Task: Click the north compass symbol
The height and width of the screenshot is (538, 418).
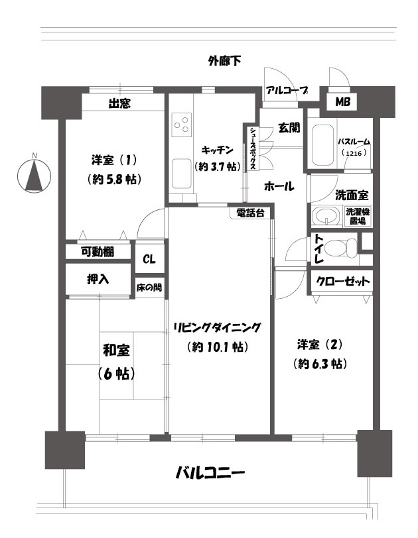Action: [x=34, y=176]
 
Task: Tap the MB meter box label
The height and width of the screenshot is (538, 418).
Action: [x=342, y=101]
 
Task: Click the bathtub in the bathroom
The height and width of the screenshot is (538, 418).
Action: [x=322, y=145]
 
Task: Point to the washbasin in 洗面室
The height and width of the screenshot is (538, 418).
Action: [x=326, y=216]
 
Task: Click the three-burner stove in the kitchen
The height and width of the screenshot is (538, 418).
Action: [x=181, y=125]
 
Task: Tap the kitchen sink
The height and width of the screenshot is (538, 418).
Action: [x=181, y=174]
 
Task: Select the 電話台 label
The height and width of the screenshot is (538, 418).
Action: [x=251, y=213]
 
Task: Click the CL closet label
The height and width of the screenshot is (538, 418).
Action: [x=149, y=259]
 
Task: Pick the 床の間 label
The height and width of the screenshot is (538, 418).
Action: [x=149, y=287]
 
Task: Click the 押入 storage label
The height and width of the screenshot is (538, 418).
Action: [x=98, y=280]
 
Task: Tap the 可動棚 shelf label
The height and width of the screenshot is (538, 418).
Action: [x=98, y=252]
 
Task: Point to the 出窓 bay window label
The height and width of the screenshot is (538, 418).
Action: [x=119, y=103]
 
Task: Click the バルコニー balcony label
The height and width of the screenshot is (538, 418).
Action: [x=210, y=473]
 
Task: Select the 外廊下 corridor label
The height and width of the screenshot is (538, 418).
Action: [x=224, y=61]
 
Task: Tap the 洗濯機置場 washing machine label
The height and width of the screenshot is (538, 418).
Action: [x=358, y=216]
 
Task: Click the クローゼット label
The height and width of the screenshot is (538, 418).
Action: [x=343, y=282]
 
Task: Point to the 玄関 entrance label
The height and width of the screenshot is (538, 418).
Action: [x=289, y=128]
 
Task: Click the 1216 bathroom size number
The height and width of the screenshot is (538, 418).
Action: [x=354, y=153]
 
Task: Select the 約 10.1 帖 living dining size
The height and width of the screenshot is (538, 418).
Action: [x=218, y=347]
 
